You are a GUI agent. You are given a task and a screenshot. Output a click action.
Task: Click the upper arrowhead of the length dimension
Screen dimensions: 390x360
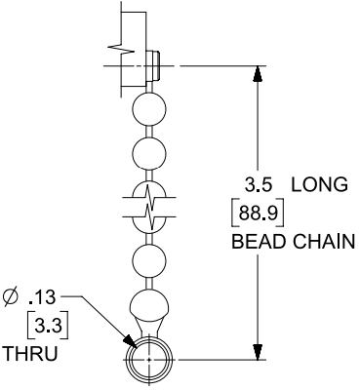coord(258,74)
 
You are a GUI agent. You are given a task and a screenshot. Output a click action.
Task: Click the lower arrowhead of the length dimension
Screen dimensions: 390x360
coord(258,351)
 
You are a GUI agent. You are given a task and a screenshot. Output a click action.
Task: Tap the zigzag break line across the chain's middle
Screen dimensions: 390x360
coord(147,206)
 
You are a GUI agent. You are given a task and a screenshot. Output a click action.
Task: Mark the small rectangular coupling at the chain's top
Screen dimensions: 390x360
coord(150,67)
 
